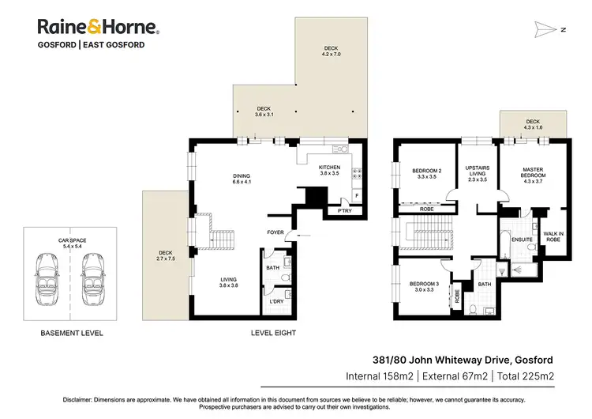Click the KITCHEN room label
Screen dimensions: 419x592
pos(329,171)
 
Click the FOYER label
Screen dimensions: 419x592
pos(275,232)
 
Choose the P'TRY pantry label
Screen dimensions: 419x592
pos(344,212)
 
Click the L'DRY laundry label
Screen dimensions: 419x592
pos(277,303)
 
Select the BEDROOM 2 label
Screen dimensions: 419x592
pos(426,174)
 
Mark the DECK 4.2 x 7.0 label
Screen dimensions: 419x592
pos(330,51)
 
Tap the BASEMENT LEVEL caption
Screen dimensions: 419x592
pos(72,334)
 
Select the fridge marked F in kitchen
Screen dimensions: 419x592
pos(357,194)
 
